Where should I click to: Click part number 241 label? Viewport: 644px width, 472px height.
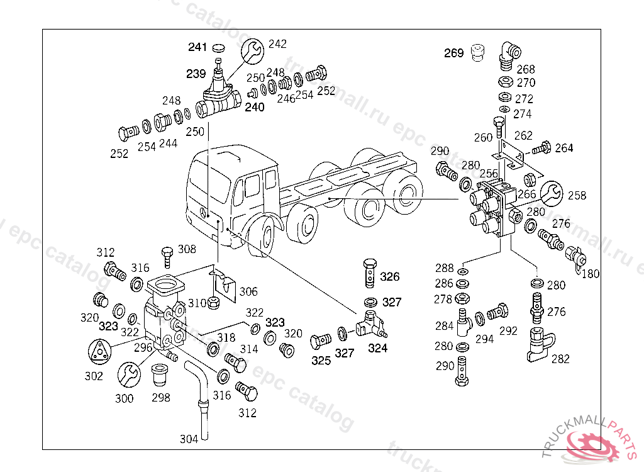[x=197, y=47]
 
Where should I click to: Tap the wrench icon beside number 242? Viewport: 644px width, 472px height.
[x=253, y=50]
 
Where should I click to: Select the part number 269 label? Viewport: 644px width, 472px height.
[x=453, y=53]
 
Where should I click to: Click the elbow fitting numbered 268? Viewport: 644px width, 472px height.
[x=506, y=54]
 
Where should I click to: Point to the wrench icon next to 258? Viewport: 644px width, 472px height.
[x=552, y=193]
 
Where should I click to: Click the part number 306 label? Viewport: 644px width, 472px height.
[x=248, y=291]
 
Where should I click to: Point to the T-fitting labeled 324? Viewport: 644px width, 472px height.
[x=369, y=325]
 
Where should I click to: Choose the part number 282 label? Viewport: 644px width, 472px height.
[x=560, y=359]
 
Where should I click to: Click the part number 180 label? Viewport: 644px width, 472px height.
[x=591, y=274]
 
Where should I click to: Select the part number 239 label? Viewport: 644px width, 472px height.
[x=196, y=74]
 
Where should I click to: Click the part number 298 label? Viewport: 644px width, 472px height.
[x=160, y=398]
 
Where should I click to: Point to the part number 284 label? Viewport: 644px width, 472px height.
[x=444, y=326]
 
